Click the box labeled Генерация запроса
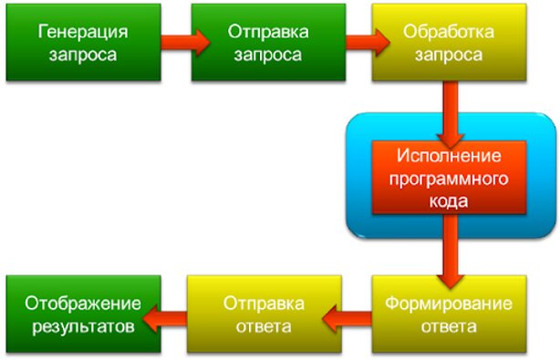click(x=83, y=42)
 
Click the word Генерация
click(x=83, y=32)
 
